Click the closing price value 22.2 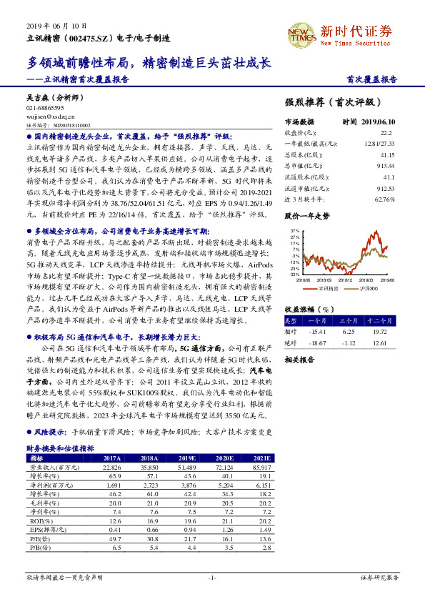point(386,132)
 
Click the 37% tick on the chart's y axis point(294,231)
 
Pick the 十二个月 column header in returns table point(380,320)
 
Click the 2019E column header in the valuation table point(189,458)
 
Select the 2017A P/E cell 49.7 point(113,538)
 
